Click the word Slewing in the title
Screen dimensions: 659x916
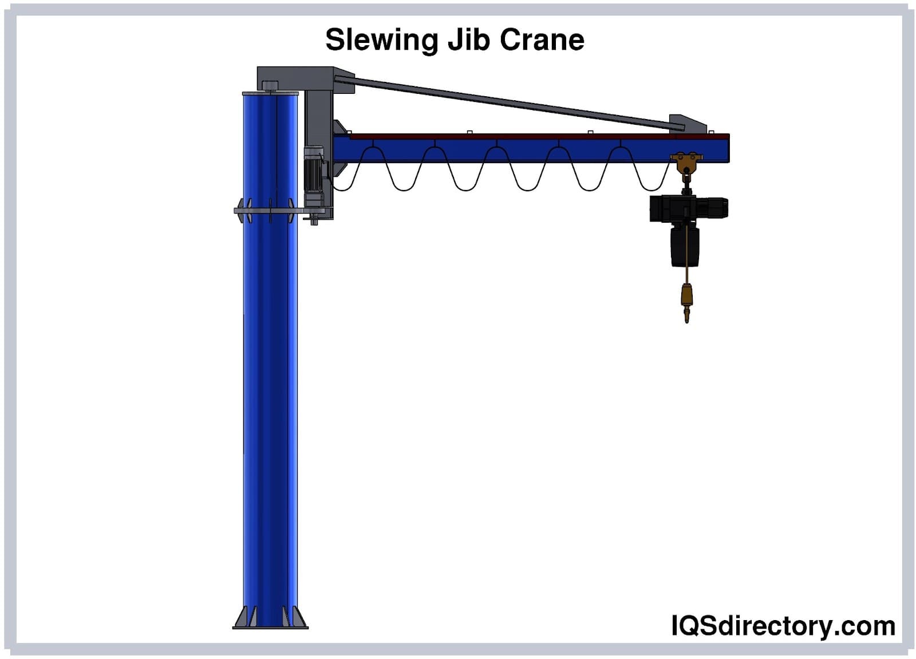pyautogui.click(x=381, y=40)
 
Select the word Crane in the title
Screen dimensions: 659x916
pyautogui.click(x=542, y=40)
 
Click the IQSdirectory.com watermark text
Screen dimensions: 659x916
pyautogui.click(x=783, y=626)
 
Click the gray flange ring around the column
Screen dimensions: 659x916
pyautogui.click(x=269, y=211)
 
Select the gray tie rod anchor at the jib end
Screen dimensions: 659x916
pyautogui.click(x=687, y=123)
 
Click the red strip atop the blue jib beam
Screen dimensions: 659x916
pyautogui.click(x=515, y=137)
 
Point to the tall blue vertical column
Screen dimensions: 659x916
pyautogui.click(x=270, y=401)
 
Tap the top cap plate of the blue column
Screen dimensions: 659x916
pyautogui.click(x=270, y=93)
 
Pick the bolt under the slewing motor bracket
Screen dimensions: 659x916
pyautogui.click(x=314, y=219)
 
